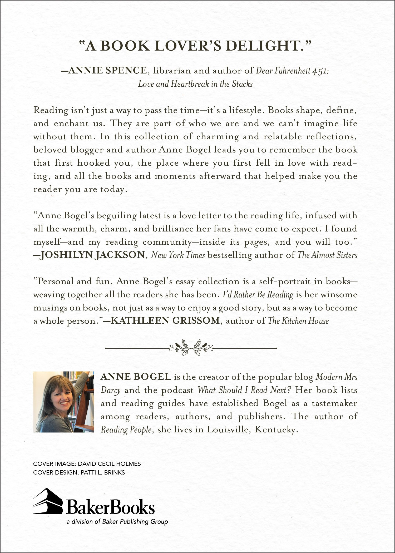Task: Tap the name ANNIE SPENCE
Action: click(x=107, y=71)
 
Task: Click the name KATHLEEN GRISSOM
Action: click(x=165, y=321)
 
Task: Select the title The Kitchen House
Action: click(x=298, y=321)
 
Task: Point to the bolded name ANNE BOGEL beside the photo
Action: click(x=136, y=377)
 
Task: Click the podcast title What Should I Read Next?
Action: click(x=244, y=390)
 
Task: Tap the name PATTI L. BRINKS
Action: click(x=103, y=472)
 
